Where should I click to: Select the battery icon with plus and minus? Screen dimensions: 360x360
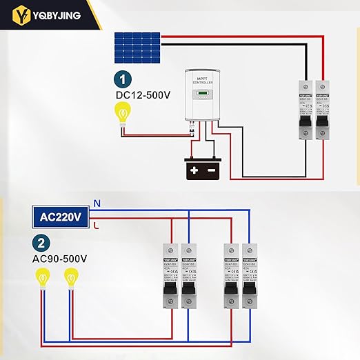[x=203, y=169]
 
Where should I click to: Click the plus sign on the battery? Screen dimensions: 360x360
[x=194, y=170]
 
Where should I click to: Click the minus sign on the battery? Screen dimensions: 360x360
[x=211, y=170]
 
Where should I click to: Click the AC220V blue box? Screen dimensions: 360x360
[x=61, y=216]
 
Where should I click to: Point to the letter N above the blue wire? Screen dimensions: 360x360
[x=97, y=203]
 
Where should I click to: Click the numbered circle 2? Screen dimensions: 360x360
[x=41, y=242]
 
